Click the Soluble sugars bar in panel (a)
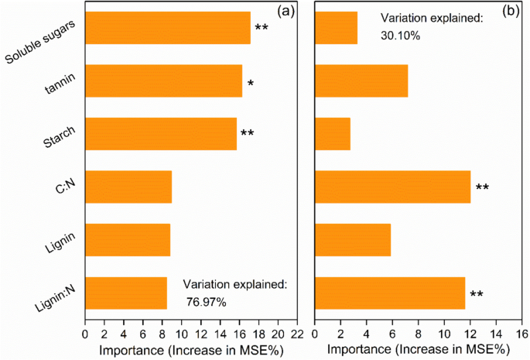click(167, 28)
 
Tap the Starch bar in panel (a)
click(160, 134)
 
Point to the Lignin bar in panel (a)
click(127, 240)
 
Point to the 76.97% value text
click(206, 302)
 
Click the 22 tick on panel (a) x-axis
click(295, 334)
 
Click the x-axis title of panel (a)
click(190, 349)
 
